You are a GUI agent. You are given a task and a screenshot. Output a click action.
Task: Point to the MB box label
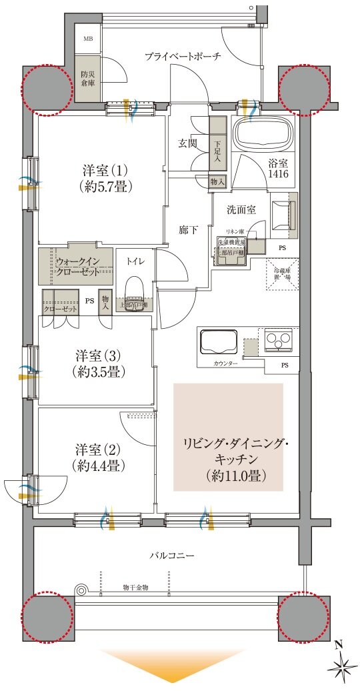(88, 39)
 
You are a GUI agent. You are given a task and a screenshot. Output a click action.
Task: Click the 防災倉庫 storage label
(88, 79)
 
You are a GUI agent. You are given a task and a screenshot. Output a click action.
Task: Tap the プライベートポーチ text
(183, 57)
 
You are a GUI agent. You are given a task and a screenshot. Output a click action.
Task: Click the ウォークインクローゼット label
(77, 266)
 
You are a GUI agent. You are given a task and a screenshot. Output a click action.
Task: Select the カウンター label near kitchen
(225, 364)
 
